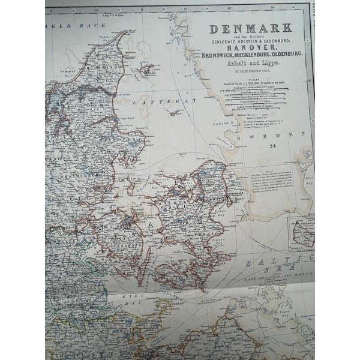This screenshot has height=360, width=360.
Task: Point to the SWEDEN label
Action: [x=270, y=136]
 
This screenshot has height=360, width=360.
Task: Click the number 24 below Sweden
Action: [x=274, y=145]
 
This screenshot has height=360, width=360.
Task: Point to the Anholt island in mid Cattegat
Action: [x=175, y=112]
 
